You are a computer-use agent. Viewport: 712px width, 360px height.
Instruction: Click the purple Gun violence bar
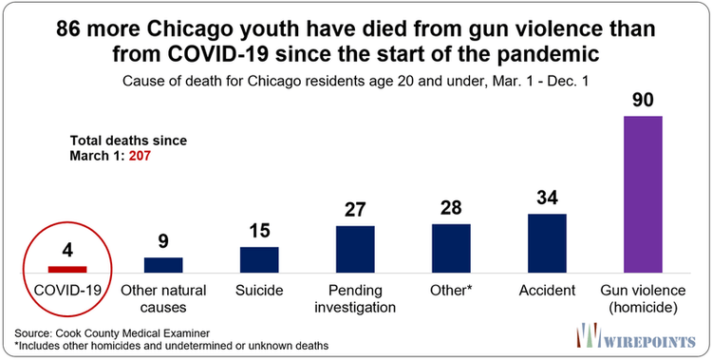click(642, 195)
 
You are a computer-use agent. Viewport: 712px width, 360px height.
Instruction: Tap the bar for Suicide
click(259, 259)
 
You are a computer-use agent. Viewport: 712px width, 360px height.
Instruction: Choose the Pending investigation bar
click(355, 249)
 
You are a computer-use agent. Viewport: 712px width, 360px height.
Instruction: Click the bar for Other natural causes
click(163, 265)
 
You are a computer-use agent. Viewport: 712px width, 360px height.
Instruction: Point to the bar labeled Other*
click(451, 248)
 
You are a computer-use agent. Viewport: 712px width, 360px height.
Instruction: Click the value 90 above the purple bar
click(642, 100)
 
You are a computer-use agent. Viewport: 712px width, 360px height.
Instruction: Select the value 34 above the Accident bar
click(547, 199)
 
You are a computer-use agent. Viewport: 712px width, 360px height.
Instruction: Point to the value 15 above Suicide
click(259, 233)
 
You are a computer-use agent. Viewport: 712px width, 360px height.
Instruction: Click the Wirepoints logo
click(636, 336)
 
